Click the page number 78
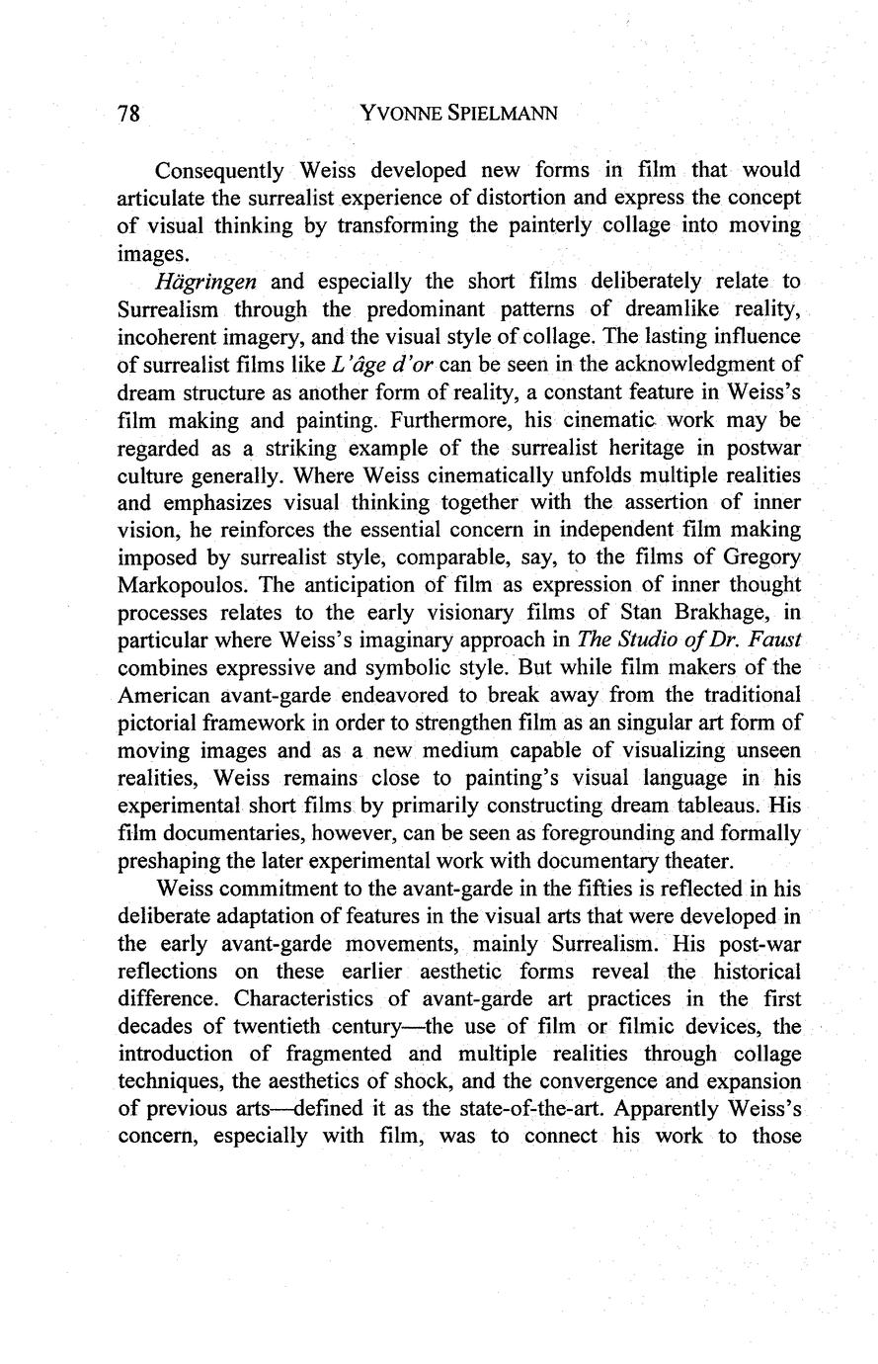coord(130,114)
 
